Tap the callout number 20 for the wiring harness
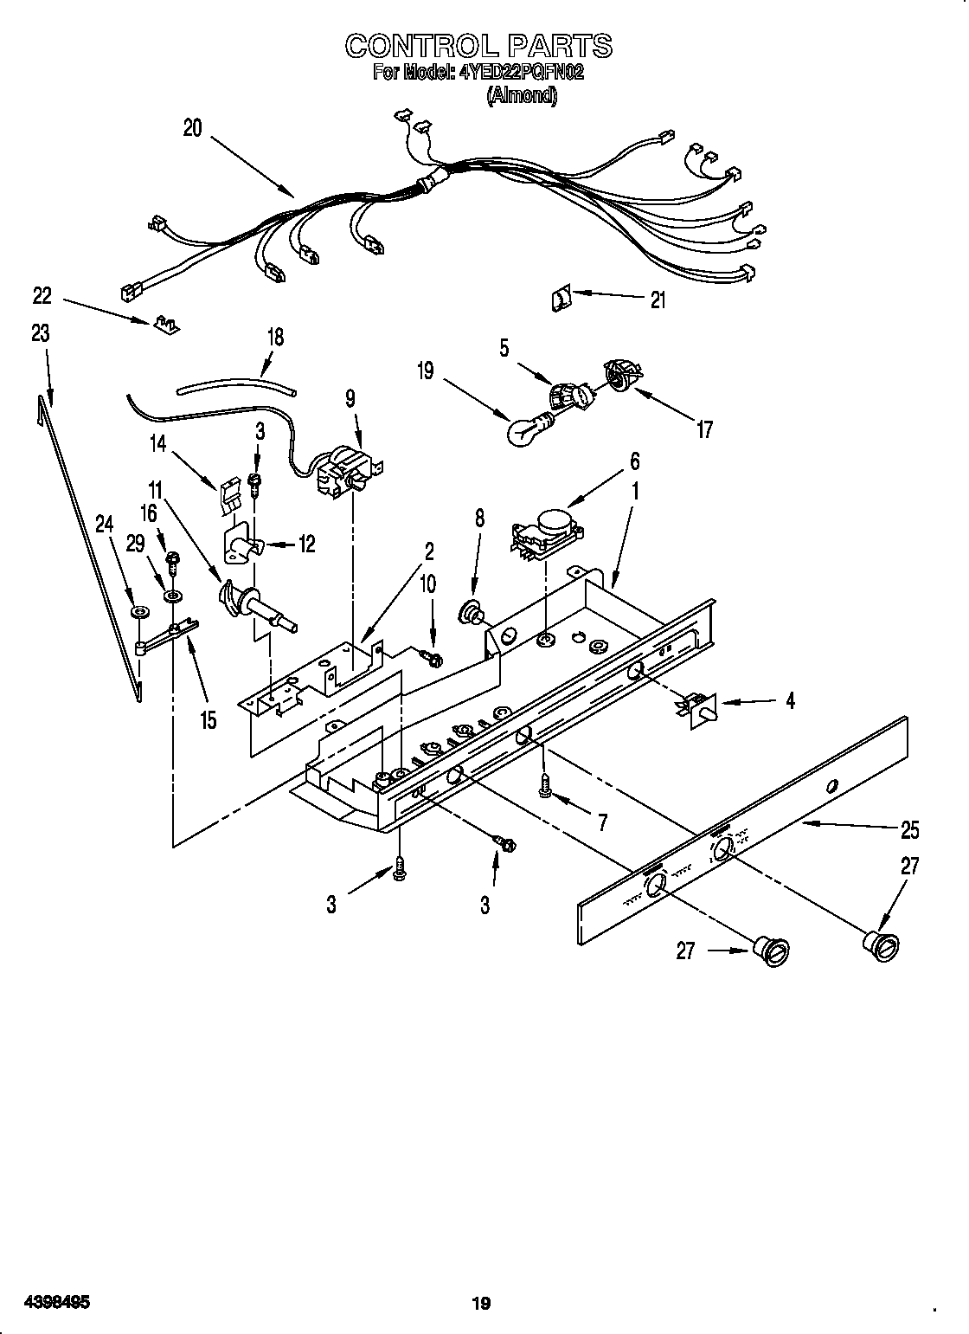pyautogui.click(x=192, y=128)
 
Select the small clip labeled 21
pyautogui.click(x=560, y=300)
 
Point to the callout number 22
pyautogui.click(x=42, y=296)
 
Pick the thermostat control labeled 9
pyautogui.click(x=344, y=474)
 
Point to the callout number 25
pyautogui.click(x=909, y=829)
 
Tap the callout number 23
pyautogui.click(x=40, y=333)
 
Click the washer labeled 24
pyautogui.click(x=137, y=614)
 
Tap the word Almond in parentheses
pyautogui.click(x=521, y=96)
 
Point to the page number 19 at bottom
pyautogui.click(x=482, y=1279)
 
